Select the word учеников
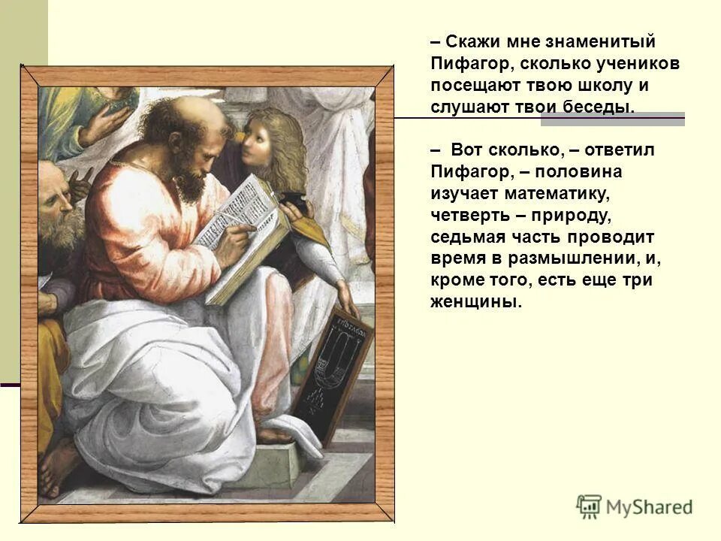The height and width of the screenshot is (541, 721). tap(638, 64)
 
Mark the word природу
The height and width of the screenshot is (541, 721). tap(565, 216)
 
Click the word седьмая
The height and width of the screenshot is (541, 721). tap(468, 237)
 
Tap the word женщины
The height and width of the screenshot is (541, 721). tap(474, 302)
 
